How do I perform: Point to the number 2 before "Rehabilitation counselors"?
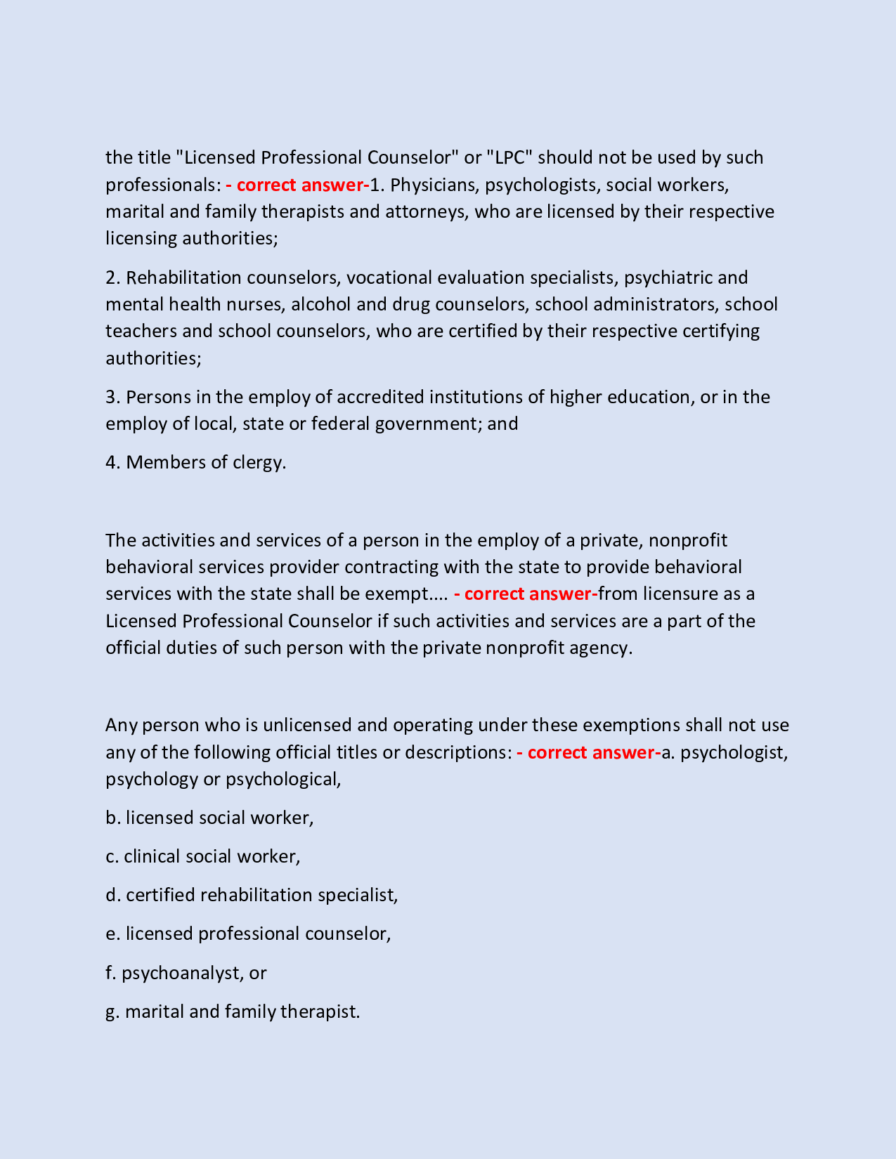click(x=112, y=277)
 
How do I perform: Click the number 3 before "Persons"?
click(x=112, y=397)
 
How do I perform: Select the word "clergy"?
click(x=256, y=463)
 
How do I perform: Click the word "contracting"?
click(x=387, y=567)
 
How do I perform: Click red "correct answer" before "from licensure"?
click(x=526, y=594)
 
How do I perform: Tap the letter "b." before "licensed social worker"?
click(x=113, y=818)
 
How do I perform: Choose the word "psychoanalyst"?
click(x=182, y=973)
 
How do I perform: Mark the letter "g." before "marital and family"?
click(x=112, y=1011)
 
